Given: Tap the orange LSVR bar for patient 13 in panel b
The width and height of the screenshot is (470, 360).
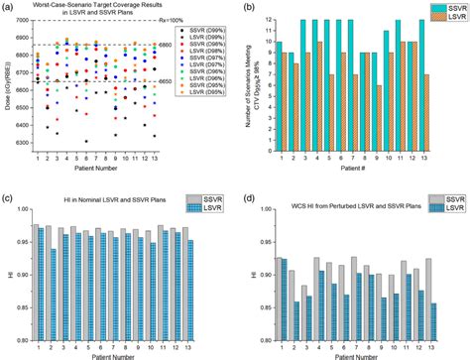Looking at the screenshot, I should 425,111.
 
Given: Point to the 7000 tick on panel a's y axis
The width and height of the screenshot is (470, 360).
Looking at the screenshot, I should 27,21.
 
